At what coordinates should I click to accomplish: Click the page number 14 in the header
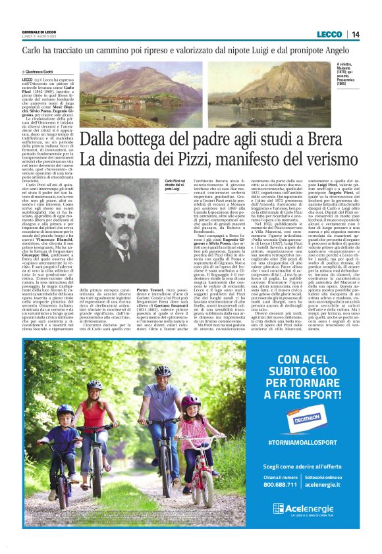pyautogui.click(x=356, y=34)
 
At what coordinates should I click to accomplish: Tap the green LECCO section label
pyautogui.click(x=329, y=34)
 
